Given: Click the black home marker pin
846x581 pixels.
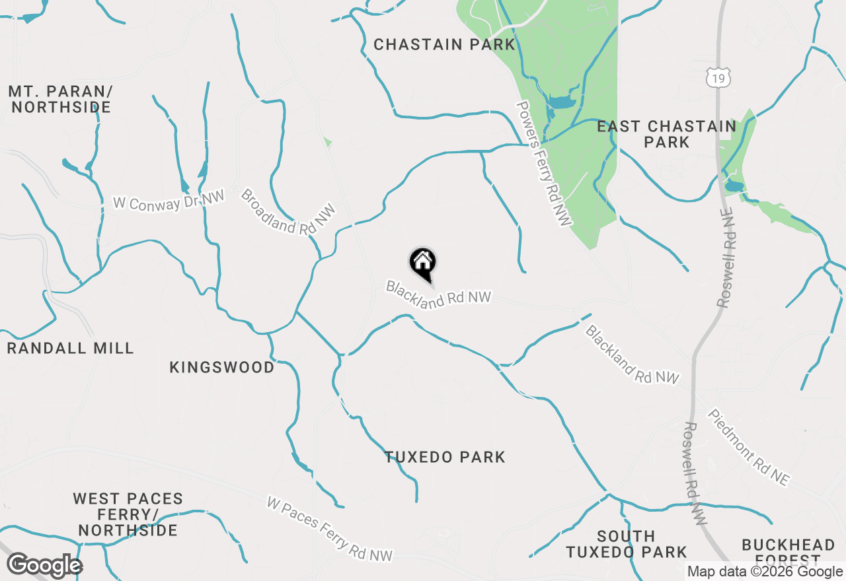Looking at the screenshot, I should tap(423, 263).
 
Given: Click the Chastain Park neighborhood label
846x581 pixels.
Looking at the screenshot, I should tap(444, 45).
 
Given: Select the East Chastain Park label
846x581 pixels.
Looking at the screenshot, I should tap(666, 134).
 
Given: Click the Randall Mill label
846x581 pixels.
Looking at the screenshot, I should tap(70, 348).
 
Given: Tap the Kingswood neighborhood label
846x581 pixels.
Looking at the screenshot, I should tap(222, 367).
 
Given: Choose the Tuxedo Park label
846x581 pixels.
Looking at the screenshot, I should tap(445, 457).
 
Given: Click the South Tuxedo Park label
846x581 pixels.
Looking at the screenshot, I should tap(627, 544).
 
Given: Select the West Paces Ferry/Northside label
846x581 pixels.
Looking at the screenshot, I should tap(128, 514).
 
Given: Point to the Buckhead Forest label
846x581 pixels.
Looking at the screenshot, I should tap(788, 549).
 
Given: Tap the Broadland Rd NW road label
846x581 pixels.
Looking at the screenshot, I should tap(288, 211).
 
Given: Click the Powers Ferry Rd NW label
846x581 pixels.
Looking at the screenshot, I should tap(543, 164).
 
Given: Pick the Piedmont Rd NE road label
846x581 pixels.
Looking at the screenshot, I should tap(749, 448).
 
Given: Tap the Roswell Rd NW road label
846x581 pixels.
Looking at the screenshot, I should tap(695, 473).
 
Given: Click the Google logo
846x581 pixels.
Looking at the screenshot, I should tap(44, 566).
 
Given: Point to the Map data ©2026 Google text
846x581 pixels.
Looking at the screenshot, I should tap(765, 572).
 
